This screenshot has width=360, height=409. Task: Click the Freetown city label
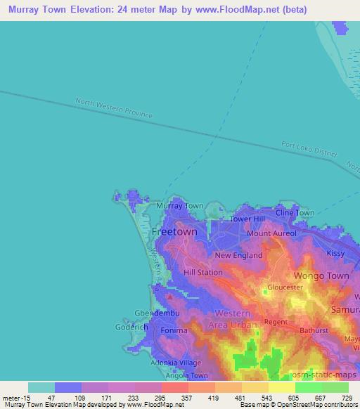(x=174, y=231)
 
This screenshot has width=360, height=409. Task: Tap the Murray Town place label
(x=179, y=206)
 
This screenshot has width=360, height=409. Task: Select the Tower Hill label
(x=247, y=219)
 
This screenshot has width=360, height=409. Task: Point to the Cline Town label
(x=295, y=212)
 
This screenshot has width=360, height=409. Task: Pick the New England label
(x=238, y=256)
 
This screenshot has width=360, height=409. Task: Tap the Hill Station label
(x=202, y=272)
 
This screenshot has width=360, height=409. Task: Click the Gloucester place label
(x=285, y=288)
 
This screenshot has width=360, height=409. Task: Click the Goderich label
(x=131, y=327)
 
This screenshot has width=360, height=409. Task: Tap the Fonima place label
(x=174, y=330)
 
